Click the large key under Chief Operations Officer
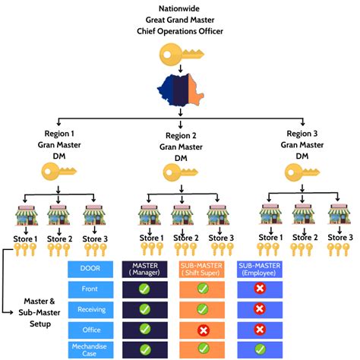click(x=179, y=54)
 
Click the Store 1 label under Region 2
click(x=151, y=237)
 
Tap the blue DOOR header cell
click(x=90, y=267)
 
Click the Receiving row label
click(x=90, y=309)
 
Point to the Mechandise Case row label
click(x=90, y=349)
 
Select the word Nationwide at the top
click(x=180, y=8)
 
